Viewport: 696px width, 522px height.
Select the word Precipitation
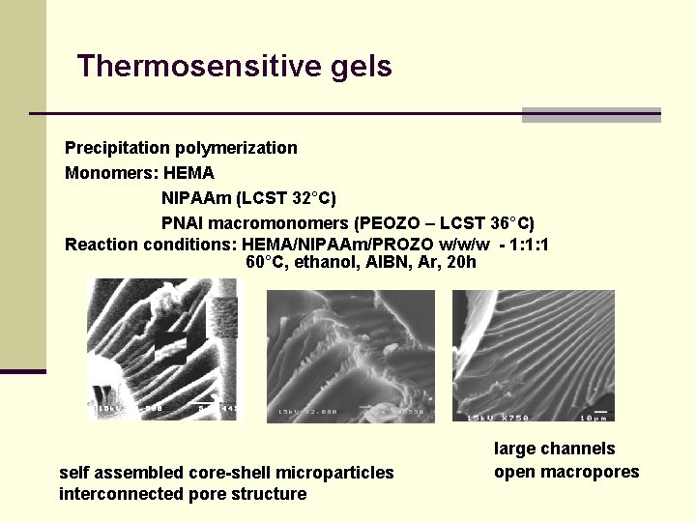tap(117, 148)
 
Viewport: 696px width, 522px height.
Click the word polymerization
tap(236, 148)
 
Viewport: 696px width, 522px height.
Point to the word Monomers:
tap(110, 173)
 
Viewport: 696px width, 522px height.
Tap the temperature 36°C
tap(513, 223)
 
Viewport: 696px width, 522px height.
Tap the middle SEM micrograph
tap(351, 355)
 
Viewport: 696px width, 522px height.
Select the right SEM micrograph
tap(533, 355)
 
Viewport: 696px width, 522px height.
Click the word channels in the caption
tap(577, 449)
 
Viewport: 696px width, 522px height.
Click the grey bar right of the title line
tap(591, 115)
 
